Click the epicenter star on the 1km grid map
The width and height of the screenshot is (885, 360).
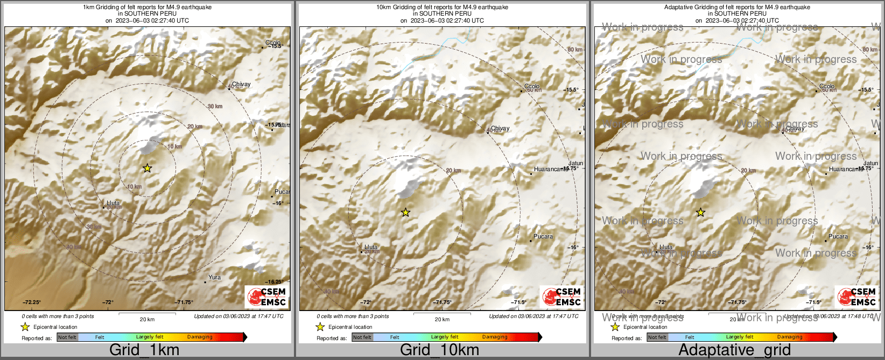[147, 168]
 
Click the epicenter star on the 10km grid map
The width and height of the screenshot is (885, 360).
[405, 213]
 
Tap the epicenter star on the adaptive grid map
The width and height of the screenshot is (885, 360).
[700, 213]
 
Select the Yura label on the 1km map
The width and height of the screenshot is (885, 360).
[214, 278]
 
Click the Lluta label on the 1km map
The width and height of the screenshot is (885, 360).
[113, 203]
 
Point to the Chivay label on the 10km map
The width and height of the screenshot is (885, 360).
[500, 129]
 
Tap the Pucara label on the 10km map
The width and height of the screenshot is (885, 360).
[543, 237]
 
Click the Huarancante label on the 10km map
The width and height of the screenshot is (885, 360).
[550, 170]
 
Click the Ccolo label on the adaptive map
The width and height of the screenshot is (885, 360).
[827, 87]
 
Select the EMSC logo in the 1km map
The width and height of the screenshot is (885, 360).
[266, 297]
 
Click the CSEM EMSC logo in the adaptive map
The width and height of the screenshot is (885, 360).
[856, 297]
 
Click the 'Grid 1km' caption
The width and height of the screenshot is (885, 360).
[144, 350]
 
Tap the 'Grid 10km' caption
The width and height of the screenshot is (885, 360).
[439, 350]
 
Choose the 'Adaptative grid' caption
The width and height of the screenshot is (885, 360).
[734, 350]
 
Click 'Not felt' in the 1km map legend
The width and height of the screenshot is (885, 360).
[67, 337]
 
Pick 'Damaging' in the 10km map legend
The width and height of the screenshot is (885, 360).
[495, 337]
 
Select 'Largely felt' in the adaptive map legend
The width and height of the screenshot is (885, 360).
[740, 337]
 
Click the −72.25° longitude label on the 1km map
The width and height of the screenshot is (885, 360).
[32, 302]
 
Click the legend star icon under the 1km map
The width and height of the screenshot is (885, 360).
[25, 327]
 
